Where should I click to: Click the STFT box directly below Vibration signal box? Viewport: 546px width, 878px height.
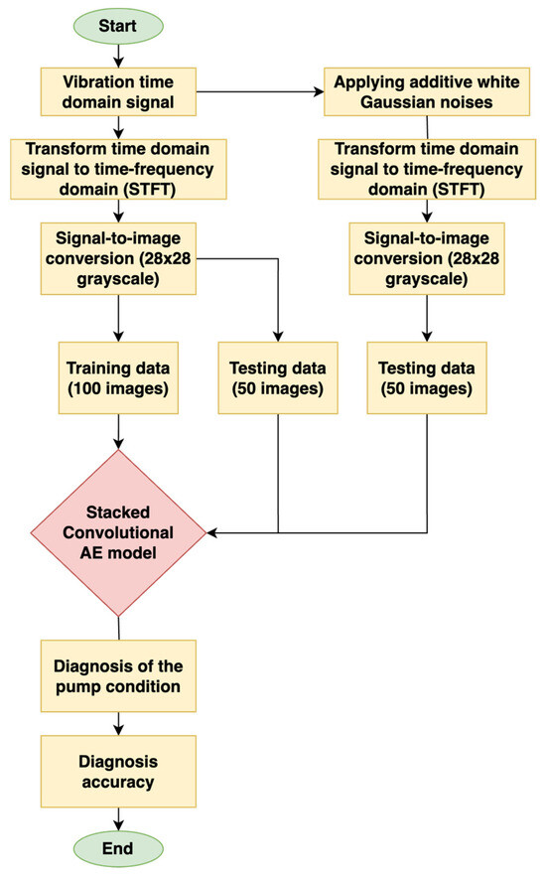pyautogui.click(x=118, y=167)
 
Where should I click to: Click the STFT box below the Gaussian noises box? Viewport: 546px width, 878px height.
pyautogui.click(x=427, y=167)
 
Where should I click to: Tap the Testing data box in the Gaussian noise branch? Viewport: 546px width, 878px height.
pyautogui.click(x=427, y=376)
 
